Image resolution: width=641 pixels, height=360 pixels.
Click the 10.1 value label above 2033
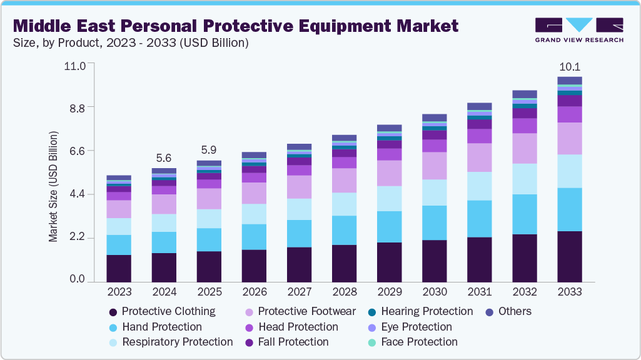tap(570, 67)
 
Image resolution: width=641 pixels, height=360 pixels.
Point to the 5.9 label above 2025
tap(209, 151)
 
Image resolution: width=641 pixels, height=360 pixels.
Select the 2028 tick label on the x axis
tap(344, 292)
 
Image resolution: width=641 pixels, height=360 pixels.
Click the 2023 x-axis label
tap(119, 292)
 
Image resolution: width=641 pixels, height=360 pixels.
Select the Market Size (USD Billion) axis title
tap(54, 187)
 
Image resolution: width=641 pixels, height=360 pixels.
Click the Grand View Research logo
tap(579, 30)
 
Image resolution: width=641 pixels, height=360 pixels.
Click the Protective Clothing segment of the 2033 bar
tap(570, 257)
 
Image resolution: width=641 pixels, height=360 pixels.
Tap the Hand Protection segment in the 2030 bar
tap(435, 223)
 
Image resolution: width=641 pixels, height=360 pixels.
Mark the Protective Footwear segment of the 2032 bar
tap(525, 148)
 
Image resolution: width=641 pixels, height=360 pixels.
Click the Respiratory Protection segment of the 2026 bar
tap(254, 214)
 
